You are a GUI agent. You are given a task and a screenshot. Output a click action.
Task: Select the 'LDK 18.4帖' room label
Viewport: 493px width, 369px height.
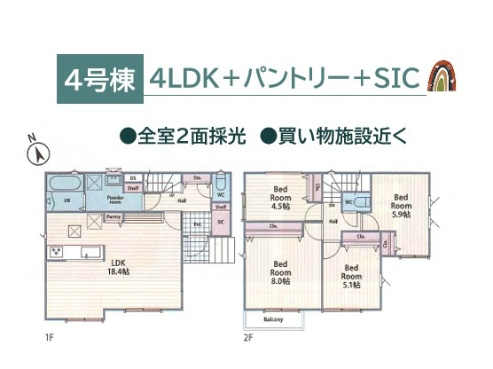pyautogui.click(x=117, y=266)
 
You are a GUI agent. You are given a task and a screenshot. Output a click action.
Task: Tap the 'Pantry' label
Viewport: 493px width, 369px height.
pyautogui.click(x=114, y=216)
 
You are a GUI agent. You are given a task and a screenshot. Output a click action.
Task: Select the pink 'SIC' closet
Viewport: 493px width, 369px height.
pyautogui.click(x=220, y=222)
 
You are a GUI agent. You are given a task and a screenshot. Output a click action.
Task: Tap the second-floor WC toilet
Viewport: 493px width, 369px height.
pyautogui.click(x=352, y=200)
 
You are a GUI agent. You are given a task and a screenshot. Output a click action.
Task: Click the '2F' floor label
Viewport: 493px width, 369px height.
pyautogui.click(x=248, y=337)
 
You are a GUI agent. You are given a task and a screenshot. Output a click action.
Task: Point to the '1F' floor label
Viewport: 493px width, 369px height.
pyautogui.click(x=50, y=337)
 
